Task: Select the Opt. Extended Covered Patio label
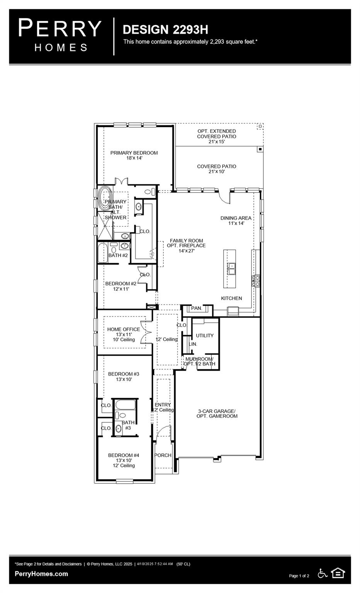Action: click(216, 136)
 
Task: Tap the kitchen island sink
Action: click(231, 268)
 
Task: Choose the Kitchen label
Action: click(231, 298)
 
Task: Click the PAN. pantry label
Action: click(197, 308)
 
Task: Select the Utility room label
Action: click(204, 335)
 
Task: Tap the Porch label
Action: click(163, 455)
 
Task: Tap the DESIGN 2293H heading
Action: click(165, 29)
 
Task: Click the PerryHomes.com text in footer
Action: click(41, 574)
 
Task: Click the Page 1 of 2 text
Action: click(299, 576)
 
